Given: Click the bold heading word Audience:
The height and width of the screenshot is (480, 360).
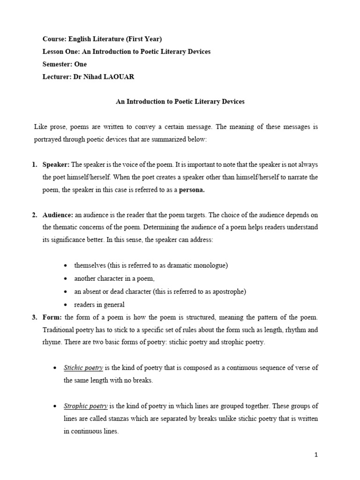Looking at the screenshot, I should click(57, 215).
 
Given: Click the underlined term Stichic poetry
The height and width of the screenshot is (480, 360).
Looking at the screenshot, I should click(83, 368).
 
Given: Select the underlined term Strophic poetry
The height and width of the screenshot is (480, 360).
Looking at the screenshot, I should click(85, 406).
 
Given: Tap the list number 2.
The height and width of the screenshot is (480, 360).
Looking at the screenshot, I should click(35, 215).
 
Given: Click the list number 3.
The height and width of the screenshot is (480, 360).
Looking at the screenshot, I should click(35, 317).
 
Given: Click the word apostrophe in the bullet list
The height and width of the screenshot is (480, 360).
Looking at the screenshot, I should click(228, 292).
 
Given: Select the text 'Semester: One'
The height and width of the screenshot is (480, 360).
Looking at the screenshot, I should click(65, 64).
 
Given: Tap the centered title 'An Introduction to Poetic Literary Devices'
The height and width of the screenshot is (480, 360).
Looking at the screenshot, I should click(180, 102).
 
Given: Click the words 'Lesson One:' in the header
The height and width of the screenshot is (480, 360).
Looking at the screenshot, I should click(60, 52).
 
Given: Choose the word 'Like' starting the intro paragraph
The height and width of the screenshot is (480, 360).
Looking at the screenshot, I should click(41, 127).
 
